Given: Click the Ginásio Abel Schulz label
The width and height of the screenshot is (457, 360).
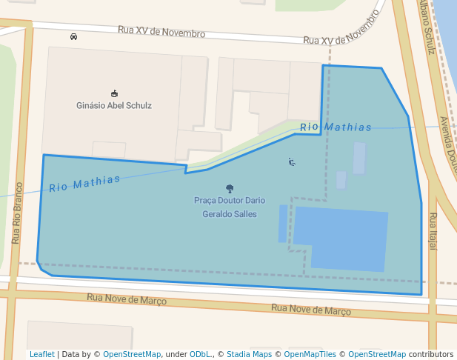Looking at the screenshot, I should point(114,106).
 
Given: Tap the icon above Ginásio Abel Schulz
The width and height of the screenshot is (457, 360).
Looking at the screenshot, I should point(114,93).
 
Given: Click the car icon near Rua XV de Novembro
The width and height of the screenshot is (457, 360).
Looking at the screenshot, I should point(73,36).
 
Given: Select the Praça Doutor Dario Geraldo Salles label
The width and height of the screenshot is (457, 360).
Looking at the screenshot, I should point(230,207).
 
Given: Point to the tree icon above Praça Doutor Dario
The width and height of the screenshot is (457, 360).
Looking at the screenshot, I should point(230,189).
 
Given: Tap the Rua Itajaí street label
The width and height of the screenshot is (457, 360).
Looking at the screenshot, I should point(433,230).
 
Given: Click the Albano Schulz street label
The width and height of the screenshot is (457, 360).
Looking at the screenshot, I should point(425,27).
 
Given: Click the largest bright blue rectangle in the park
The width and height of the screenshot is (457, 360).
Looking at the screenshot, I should point(341,239).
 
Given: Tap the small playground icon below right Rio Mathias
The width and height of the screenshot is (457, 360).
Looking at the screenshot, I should point(292,161).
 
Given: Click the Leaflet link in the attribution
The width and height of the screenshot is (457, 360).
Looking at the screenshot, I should point(41,355).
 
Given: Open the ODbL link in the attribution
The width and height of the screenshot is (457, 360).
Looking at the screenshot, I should point(200,355).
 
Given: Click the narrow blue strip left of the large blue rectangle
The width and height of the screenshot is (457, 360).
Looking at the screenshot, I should point(283,224).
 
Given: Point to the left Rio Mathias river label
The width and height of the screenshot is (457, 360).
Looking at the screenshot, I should point(84,183).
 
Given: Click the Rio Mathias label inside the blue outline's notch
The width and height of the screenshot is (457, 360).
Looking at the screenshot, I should point(336,127).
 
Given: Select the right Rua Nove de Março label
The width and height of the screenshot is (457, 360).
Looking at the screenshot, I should point(310,309).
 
